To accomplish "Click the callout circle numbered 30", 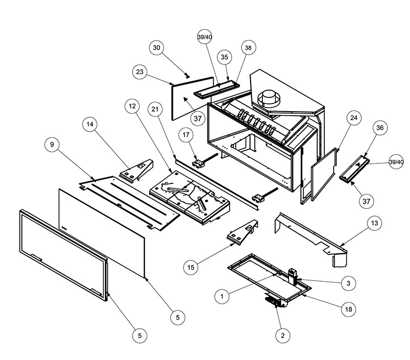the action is pos(156,48).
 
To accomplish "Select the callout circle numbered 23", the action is pos(140,72).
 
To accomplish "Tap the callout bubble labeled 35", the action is pos(224,57).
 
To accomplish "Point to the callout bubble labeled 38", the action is pos(248,48).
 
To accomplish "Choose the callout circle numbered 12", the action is pos(132,106).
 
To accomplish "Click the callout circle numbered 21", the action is pos(155,109).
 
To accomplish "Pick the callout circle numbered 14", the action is pos(90,124).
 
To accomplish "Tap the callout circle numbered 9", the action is pos(52,144).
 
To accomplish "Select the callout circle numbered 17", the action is pos(186,135).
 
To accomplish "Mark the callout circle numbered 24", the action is pos(354,118).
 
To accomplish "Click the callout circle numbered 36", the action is pos(380,128).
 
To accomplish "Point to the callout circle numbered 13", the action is pos(375,223).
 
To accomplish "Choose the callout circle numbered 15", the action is pos(191,267).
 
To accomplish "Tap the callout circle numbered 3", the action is pos(348,283).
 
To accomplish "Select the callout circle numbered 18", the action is pos(348,309).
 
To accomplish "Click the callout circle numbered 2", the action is pos(283,335).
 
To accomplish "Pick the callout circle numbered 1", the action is pos(222,297).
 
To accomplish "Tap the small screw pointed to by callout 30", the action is pos(187,76).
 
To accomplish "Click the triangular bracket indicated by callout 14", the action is pos(136,170).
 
